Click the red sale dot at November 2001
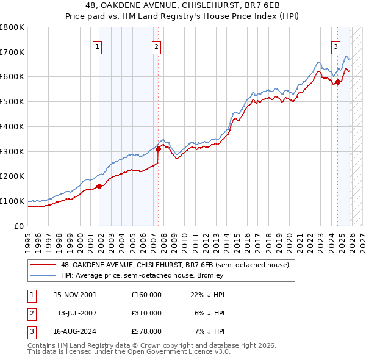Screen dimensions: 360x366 [x=99, y=186]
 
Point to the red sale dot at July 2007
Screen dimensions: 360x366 [x=158, y=148]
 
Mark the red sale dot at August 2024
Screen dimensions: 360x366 [x=338, y=82]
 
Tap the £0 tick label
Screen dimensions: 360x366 [x=20, y=226]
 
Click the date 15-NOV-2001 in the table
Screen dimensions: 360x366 [x=74, y=294]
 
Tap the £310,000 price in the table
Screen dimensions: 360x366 [x=146, y=313]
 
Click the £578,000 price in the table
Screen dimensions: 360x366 [x=146, y=332]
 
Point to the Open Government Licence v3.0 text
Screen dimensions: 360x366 [x=173, y=352]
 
